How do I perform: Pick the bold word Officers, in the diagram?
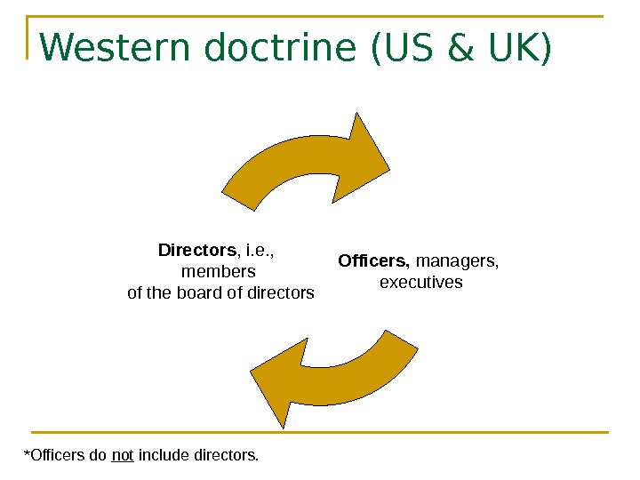pyautogui.click(x=374, y=261)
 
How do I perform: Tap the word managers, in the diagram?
pyautogui.click(x=458, y=261)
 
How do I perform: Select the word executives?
pyautogui.click(x=421, y=283)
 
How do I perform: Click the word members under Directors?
pyautogui.click(x=218, y=271)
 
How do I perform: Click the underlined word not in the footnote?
pyautogui.click(x=123, y=456)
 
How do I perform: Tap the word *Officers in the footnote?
pyautogui.click(x=52, y=456)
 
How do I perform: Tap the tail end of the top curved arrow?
pyautogui.click(x=240, y=190)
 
